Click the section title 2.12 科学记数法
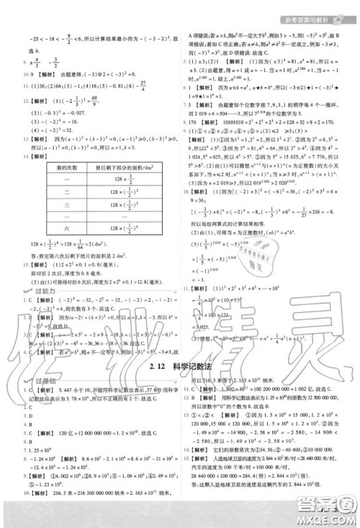[x=179, y=368]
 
